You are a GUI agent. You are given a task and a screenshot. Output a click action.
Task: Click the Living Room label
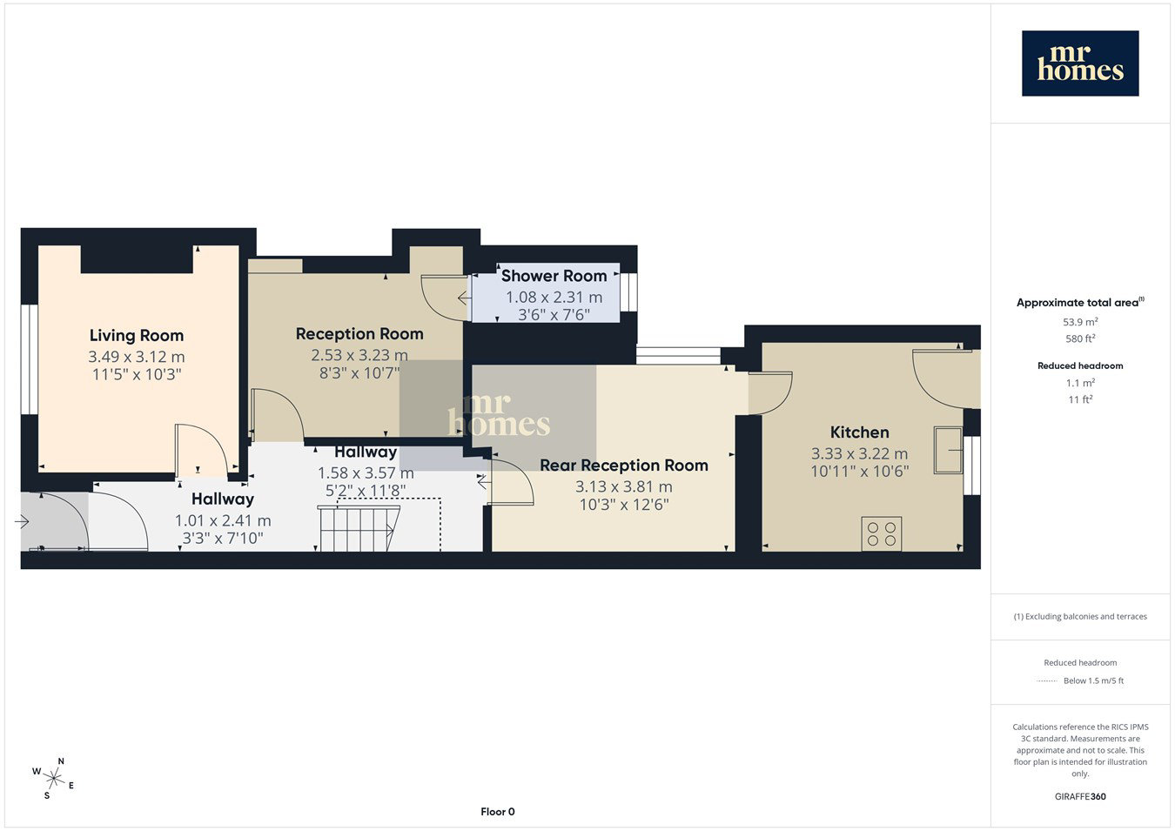137,336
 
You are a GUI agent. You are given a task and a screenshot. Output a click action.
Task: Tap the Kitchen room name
859,432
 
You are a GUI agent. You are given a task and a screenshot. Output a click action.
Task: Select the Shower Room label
554,276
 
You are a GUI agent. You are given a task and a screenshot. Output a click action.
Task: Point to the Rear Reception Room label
624,465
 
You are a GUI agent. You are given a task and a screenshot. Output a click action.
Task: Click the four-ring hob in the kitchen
881,533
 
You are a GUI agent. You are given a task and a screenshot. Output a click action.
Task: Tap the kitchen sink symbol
948,450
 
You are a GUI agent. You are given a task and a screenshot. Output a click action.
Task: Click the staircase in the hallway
359,528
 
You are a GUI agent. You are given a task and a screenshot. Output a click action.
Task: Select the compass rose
53,779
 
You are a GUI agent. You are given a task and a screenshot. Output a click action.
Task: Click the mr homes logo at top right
1080,64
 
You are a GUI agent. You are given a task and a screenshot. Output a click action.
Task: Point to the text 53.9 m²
1080,322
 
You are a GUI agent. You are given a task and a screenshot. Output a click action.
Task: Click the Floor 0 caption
497,812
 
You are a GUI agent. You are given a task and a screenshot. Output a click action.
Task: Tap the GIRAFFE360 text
1080,796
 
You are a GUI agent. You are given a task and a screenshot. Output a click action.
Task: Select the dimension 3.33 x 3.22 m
859,453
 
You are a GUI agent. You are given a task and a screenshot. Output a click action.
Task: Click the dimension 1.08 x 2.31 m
554,298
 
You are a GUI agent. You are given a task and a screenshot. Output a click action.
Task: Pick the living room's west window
30,359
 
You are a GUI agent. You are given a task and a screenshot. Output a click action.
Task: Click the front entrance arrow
22,522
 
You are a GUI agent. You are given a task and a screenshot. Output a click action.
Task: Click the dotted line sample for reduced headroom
1047,681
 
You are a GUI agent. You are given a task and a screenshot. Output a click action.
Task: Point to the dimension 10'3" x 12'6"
624,505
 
